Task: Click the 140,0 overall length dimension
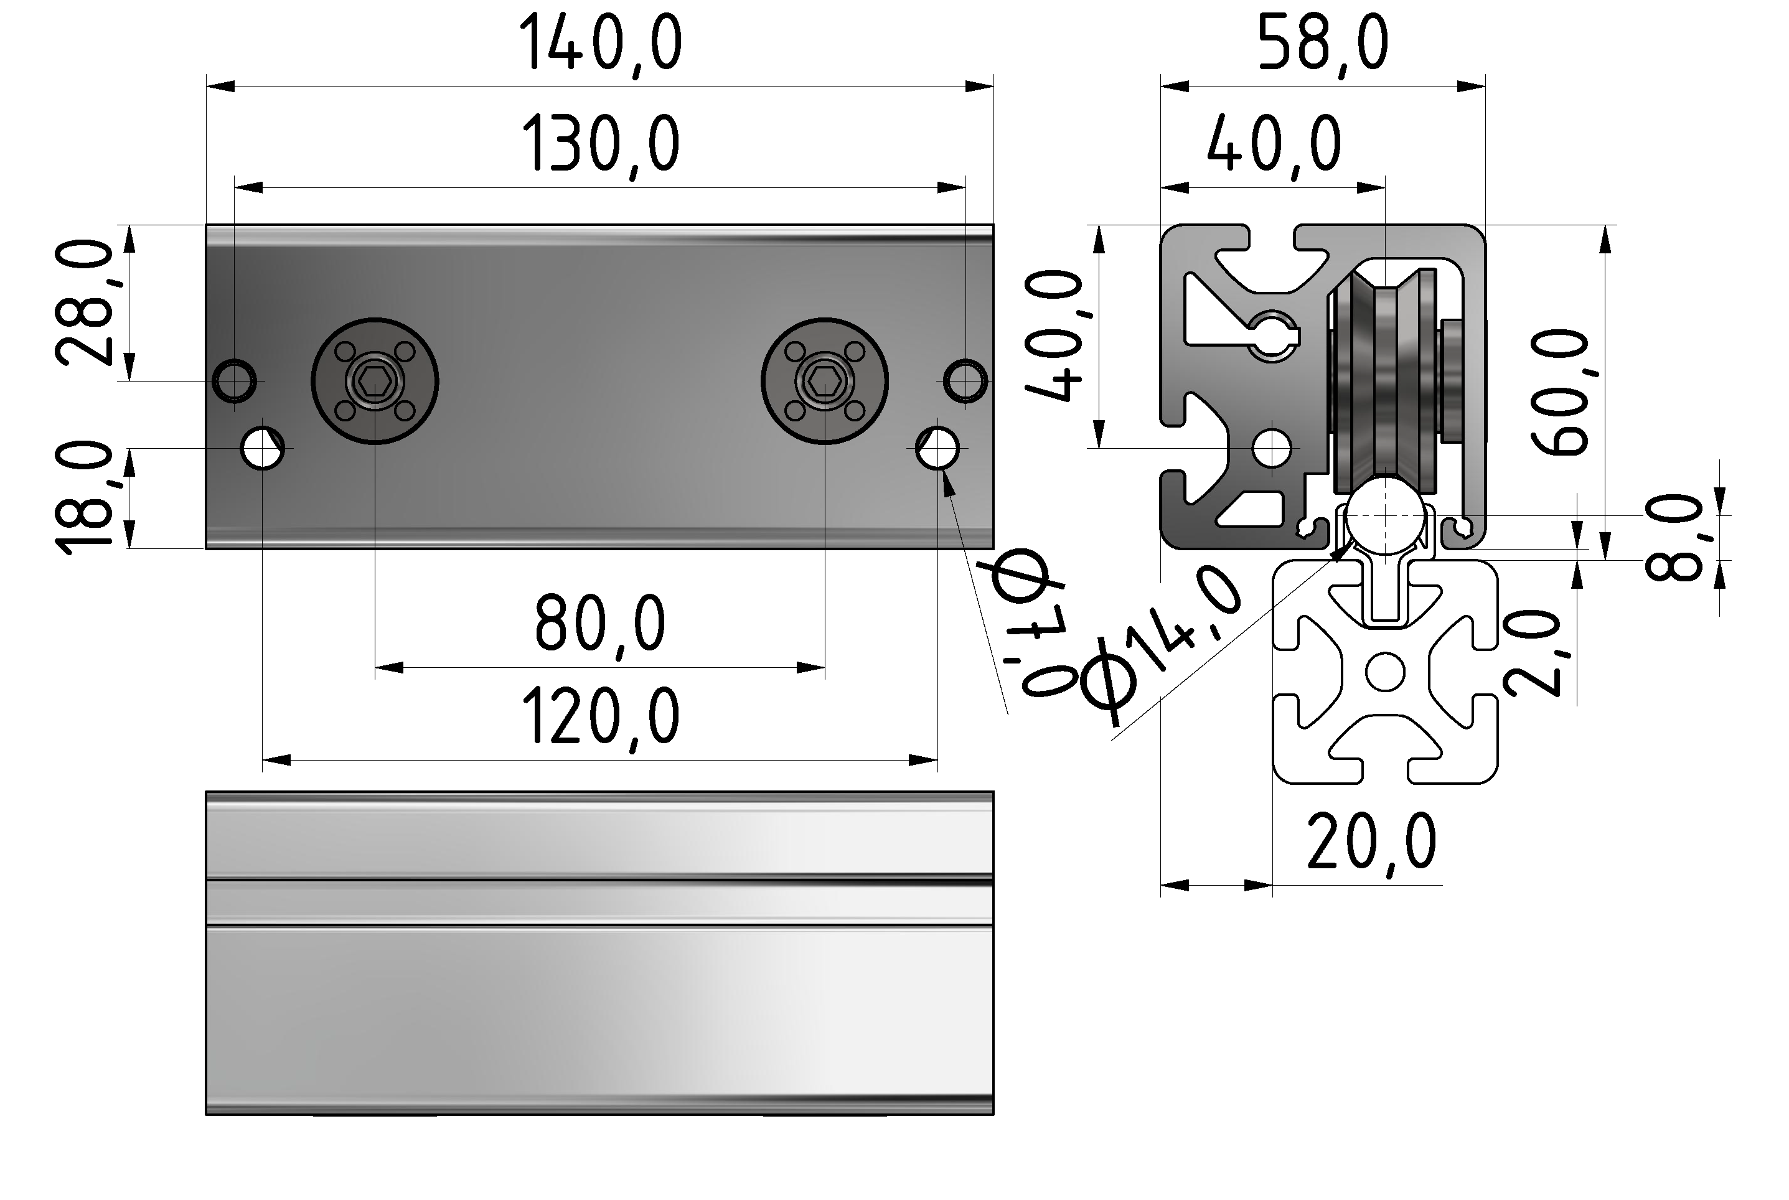pyautogui.click(x=600, y=44)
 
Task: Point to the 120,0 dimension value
pyautogui.click(x=600, y=717)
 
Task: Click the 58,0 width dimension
pyautogui.click(x=1322, y=44)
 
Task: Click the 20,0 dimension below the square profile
pyautogui.click(x=1371, y=843)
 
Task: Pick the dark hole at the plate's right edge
pyautogui.click(x=965, y=380)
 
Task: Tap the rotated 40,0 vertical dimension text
pyautogui.click(x=1054, y=336)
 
